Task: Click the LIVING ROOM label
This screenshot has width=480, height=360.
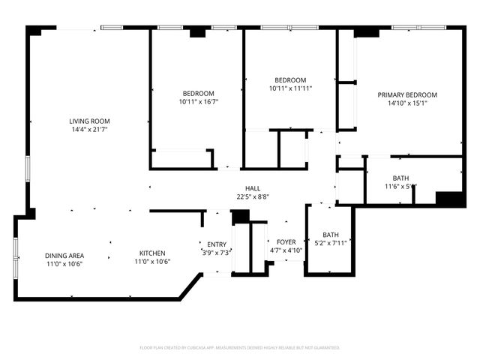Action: point(89,121)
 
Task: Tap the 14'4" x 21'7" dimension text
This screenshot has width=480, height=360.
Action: point(89,130)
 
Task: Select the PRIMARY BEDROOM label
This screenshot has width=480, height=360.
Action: point(407,94)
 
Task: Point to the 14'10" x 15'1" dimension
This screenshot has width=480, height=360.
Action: point(407,103)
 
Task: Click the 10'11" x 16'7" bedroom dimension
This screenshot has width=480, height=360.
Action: point(198,101)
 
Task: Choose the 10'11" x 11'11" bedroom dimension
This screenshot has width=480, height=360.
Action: point(289,88)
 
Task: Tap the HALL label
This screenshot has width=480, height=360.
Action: point(252,188)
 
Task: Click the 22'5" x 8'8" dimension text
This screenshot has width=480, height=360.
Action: point(252,197)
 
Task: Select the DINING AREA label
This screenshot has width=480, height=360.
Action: point(64,255)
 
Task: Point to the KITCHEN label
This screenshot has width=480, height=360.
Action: point(150,253)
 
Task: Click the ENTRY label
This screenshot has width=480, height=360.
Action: point(217,244)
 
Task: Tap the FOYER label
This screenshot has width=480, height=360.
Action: point(286,241)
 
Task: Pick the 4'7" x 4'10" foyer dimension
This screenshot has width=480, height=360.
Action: point(286,250)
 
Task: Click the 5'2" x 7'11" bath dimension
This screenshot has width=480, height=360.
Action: point(330,243)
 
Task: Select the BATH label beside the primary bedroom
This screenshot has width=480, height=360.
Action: point(400,178)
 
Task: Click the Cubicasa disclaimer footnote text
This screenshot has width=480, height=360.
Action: point(240,348)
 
